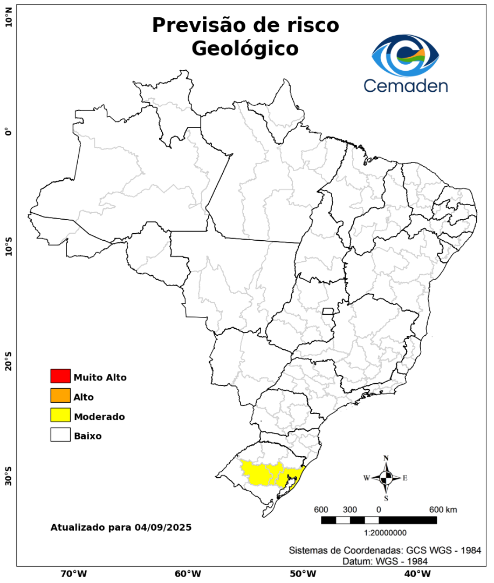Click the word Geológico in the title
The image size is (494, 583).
tap(245, 49)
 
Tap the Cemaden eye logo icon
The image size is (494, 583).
tap(406, 56)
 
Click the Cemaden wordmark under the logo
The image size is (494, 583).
tap(405, 85)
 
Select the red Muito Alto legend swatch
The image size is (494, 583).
tap(60, 376)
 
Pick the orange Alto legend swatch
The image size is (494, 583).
tap(60, 396)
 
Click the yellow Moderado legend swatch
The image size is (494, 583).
tap(60, 415)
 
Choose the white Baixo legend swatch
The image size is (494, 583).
tap(60, 435)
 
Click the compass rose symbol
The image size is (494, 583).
tap(386, 478)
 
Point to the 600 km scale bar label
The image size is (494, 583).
tap(443, 510)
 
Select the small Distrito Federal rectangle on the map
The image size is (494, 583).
tap(328, 311)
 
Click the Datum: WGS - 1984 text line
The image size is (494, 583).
tap(385, 561)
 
